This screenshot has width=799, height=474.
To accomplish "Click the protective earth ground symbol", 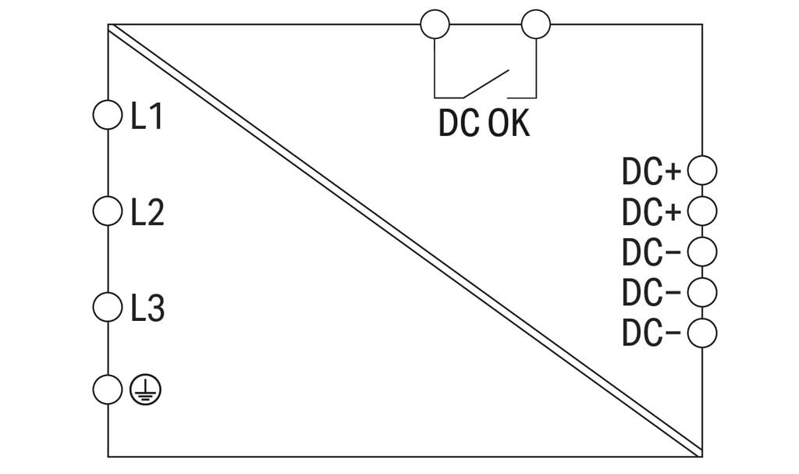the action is click(x=145, y=390).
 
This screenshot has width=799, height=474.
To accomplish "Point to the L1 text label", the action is click(x=147, y=116).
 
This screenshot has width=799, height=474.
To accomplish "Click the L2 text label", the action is click(x=147, y=212).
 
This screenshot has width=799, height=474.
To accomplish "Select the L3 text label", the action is click(x=147, y=308).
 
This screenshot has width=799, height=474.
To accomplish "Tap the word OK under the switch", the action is click(x=509, y=123).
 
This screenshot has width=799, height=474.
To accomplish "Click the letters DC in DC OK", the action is click(x=459, y=123).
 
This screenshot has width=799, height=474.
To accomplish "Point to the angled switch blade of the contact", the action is click(x=485, y=84).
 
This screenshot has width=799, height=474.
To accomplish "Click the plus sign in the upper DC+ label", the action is click(x=673, y=172).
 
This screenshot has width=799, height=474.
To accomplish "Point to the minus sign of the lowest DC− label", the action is click(x=673, y=333).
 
